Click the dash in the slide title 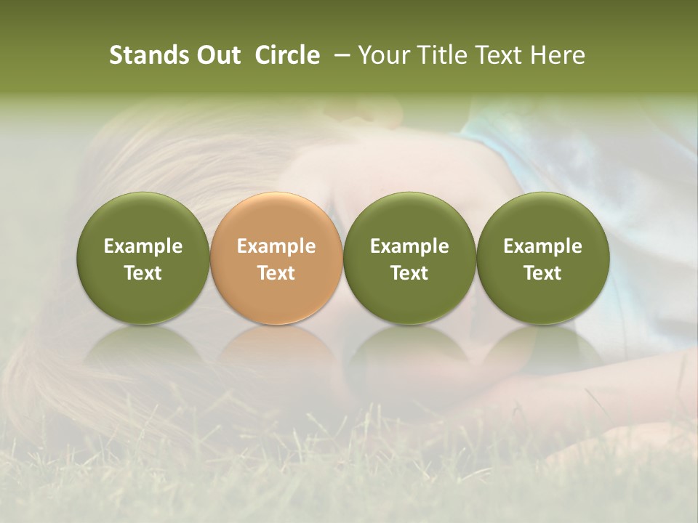click(x=340, y=55)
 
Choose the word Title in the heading click(x=441, y=55)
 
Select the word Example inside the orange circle click(x=276, y=246)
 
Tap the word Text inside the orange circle click(x=276, y=273)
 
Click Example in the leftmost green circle click(x=143, y=246)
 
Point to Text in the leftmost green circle click(x=143, y=273)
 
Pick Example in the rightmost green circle click(x=543, y=246)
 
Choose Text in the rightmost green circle click(x=543, y=273)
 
